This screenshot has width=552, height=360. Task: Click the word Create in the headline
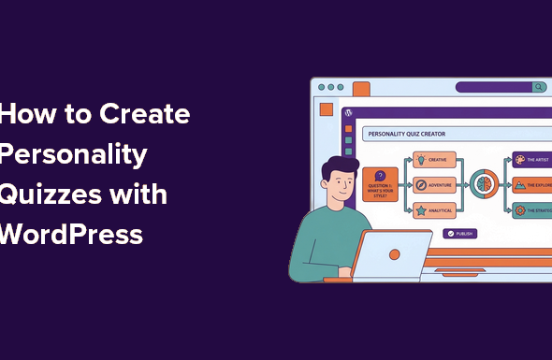pos(144,115)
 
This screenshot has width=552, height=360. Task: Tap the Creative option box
pos(435,160)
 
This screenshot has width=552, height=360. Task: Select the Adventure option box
pos(435,184)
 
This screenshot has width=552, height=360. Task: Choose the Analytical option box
pos(435,210)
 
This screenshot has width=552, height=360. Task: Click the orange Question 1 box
pos(380,182)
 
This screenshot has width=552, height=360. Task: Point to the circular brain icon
pos(484,183)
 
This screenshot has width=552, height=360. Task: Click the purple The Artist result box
pos(532,160)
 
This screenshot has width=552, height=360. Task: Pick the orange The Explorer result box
pos(532,185)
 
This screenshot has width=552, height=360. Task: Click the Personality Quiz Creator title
pos(407,134)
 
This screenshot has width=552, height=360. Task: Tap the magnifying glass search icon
pos(539,87)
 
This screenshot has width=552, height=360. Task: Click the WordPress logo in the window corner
pos(349,112)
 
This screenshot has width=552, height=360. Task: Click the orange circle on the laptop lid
pos(395,253)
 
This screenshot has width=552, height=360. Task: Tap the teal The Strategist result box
pos(532,210)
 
